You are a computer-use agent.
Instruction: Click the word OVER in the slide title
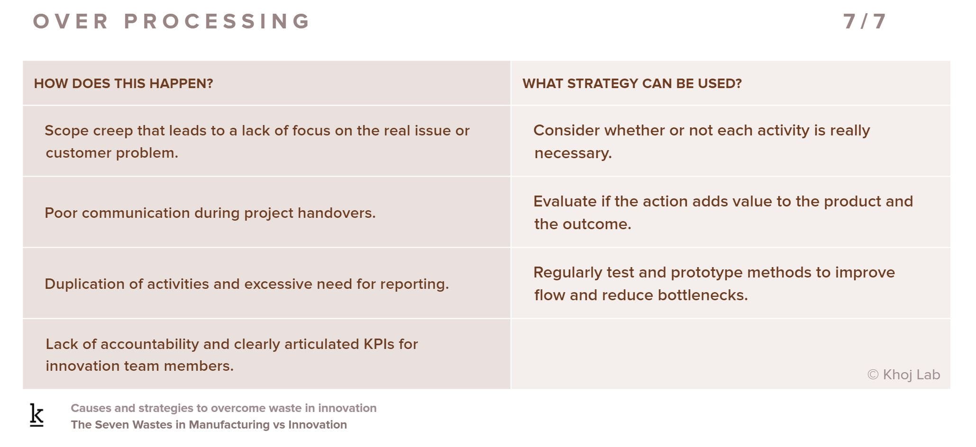(71, 21)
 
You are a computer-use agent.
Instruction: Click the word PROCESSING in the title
(217, 21)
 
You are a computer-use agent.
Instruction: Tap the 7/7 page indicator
(865, 21)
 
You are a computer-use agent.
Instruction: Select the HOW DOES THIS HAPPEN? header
(123, 83)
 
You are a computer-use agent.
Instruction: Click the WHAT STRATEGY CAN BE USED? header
(632, 83)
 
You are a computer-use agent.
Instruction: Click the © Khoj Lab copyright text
(903, 375)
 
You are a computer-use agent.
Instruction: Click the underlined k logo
(36, 415)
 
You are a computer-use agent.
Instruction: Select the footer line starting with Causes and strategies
(224, 408)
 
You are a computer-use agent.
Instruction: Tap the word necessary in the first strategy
(573, 153)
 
